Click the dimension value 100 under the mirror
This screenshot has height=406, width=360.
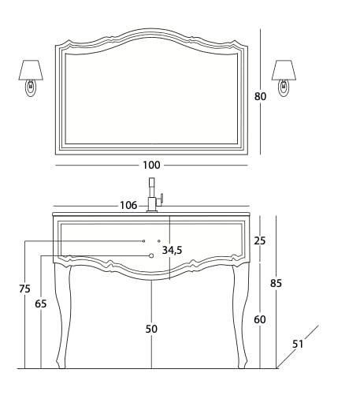click(151, 165)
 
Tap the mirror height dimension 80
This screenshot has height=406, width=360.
click(260, 96)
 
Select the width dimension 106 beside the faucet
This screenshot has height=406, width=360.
click(128, 206)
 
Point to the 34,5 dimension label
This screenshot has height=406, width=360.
click(172, 250)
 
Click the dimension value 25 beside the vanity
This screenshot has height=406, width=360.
click(260, 240)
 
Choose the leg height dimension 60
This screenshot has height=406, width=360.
click(260, 319)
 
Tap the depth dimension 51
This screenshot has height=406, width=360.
click(298, 343)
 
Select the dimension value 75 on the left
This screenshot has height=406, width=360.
click(24, 289)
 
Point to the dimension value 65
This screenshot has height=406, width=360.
click(41, 304)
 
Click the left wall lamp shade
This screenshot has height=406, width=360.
click(30, 70)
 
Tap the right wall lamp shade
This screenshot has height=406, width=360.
click(284, 70)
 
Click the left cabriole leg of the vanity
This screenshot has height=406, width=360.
click(63, 315)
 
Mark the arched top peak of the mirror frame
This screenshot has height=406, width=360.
click(151, 33)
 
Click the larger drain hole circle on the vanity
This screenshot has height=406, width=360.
click(151, 255)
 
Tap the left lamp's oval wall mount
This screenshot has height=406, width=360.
click(31, 88)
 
